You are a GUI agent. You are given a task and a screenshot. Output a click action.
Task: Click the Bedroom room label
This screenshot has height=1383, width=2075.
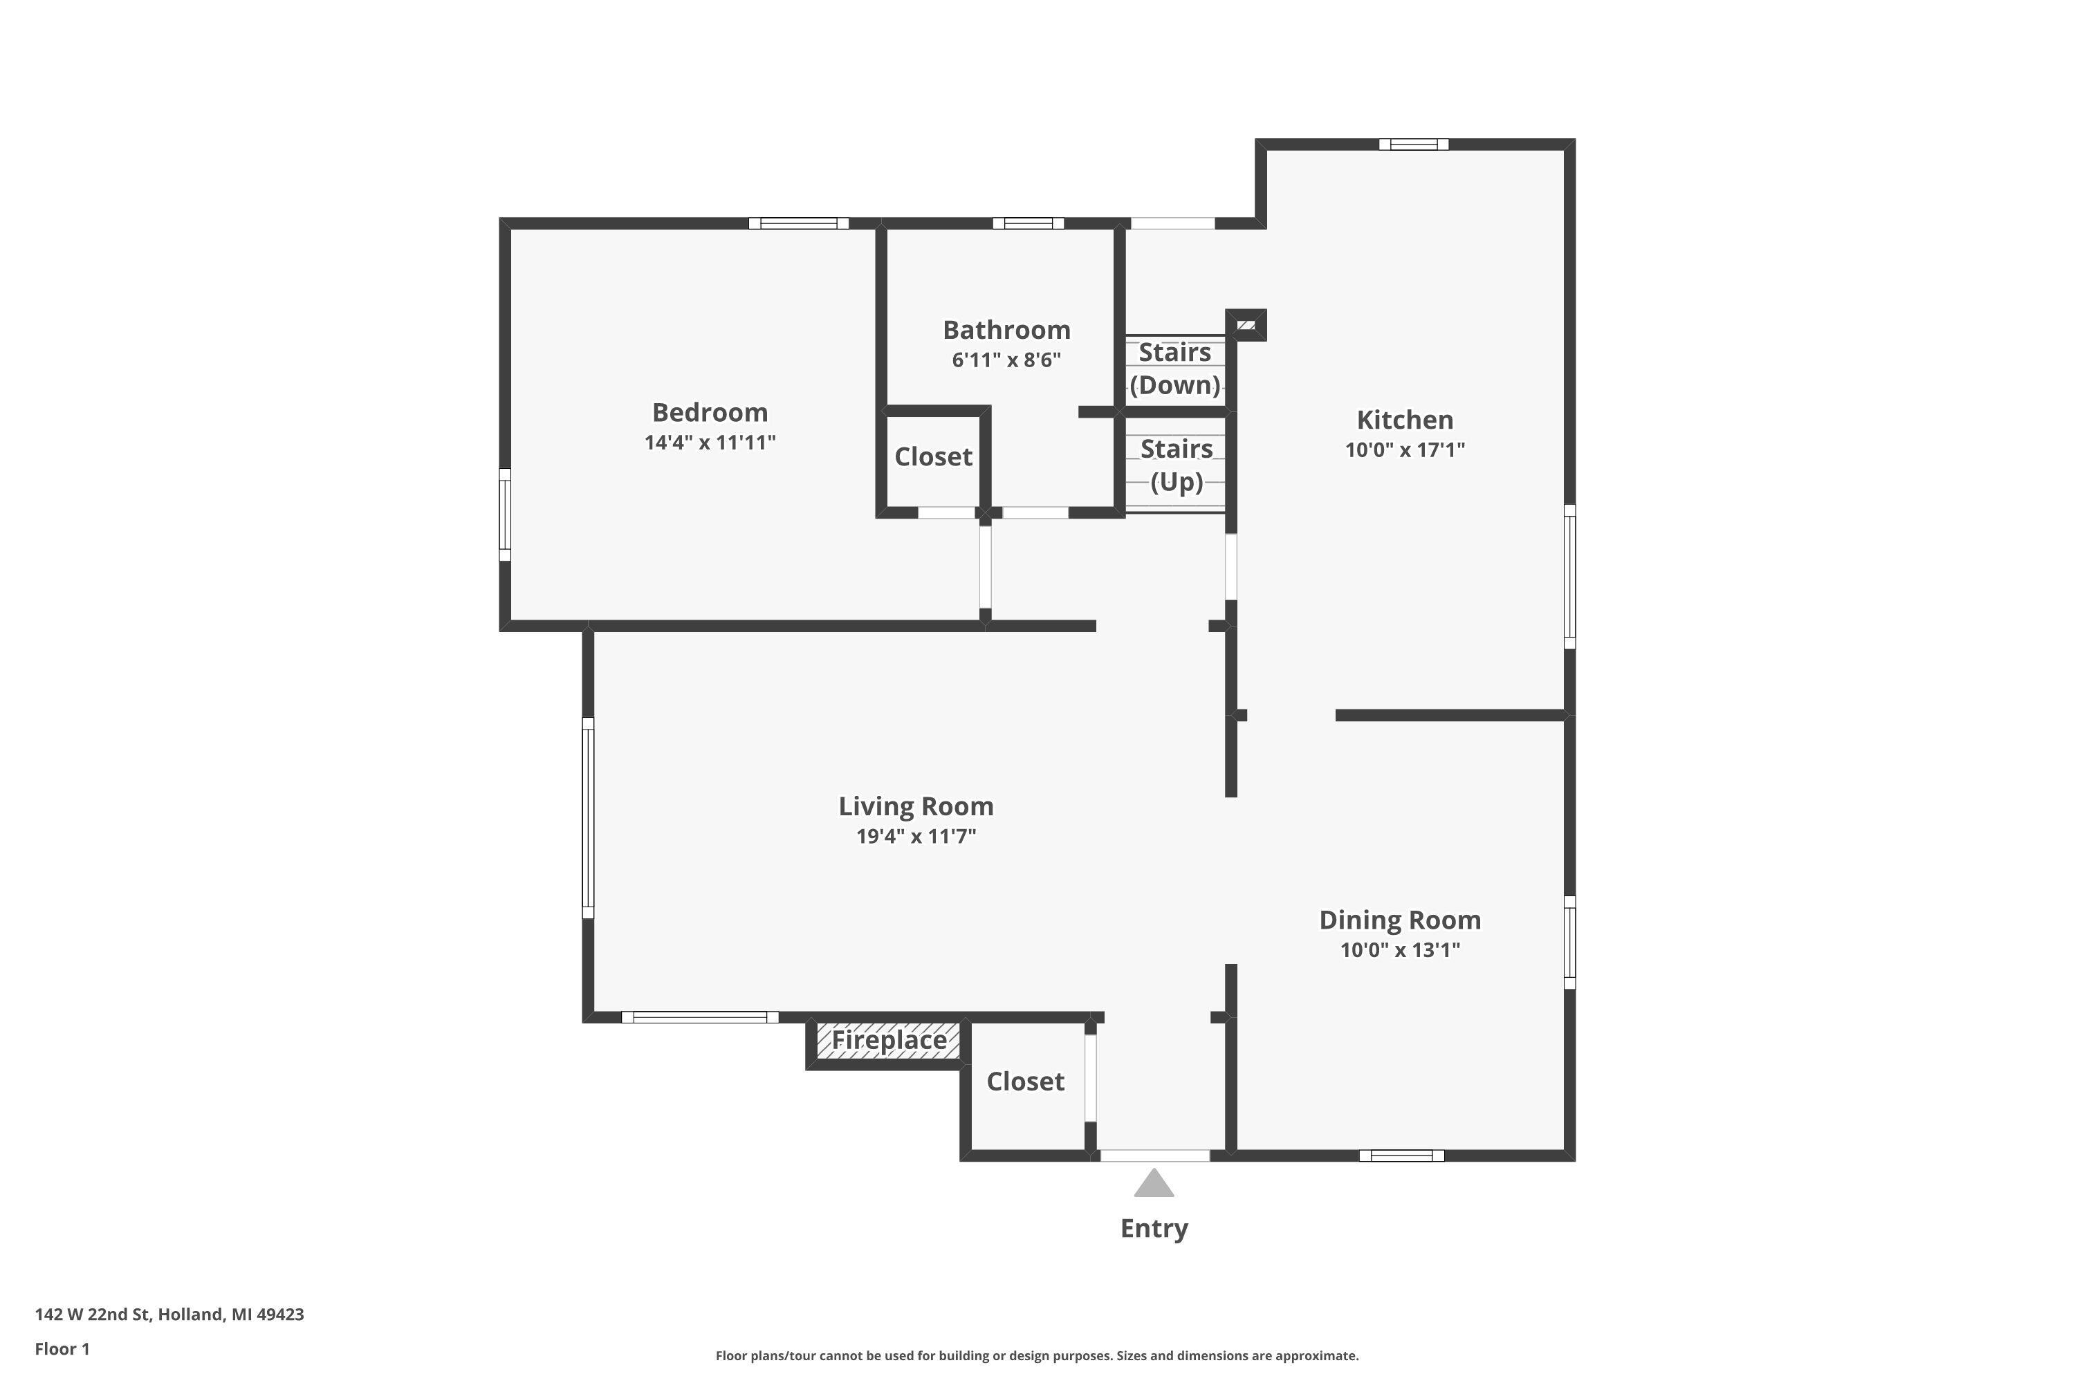(x=710, y=412)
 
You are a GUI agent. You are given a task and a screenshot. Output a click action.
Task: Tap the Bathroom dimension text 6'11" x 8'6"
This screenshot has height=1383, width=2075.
(x=1006, y=360)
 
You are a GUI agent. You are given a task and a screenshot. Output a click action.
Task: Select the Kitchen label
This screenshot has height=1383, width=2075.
(x=1405, y=420)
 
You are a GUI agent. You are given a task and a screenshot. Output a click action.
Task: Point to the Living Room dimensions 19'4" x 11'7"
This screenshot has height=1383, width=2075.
(x=916, y=835)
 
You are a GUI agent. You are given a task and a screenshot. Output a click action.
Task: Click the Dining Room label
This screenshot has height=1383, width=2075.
(x=1399, y=920)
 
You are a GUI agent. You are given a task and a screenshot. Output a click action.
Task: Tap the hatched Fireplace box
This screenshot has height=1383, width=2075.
(x=887, y=1041)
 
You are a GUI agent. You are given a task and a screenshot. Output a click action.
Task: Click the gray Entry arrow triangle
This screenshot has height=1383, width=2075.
(x=1153, y=1185)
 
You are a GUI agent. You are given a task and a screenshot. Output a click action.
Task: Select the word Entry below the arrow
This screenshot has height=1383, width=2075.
(x=1154, y=1228)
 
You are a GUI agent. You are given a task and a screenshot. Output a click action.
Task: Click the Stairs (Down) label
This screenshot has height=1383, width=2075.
(x=1174, y=369)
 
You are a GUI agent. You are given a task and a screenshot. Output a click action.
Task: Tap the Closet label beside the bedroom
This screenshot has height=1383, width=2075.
(x=932, y=457)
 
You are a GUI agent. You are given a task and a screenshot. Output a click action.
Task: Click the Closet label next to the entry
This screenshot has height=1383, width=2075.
(x=1025, y=1082)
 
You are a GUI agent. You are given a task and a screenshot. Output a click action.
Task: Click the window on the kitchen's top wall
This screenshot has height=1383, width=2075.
(x=1413, y=145)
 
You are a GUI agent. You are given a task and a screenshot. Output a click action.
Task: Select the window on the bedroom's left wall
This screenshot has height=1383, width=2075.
(x=505, y=514)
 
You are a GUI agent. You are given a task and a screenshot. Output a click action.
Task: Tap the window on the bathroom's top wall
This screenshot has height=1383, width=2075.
(x=1028, y=223)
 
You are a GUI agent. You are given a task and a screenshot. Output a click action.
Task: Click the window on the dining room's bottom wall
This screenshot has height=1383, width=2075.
(x=1401, y=1155)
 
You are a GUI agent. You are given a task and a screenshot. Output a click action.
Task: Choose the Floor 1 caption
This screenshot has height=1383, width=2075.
(x=62, y=1348)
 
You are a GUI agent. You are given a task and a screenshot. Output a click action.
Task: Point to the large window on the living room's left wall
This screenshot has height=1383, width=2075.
(x=587, y=817)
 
